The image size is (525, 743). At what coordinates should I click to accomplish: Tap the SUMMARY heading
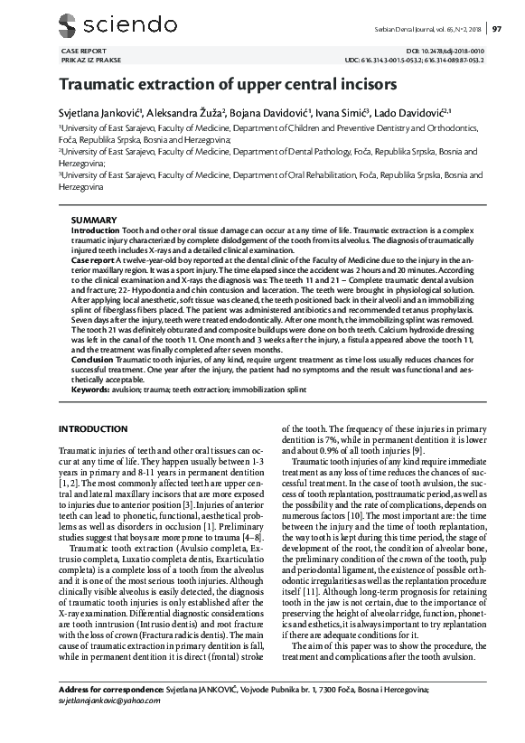[93, 221]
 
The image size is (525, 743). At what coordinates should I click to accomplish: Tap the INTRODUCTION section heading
[98, 428]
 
